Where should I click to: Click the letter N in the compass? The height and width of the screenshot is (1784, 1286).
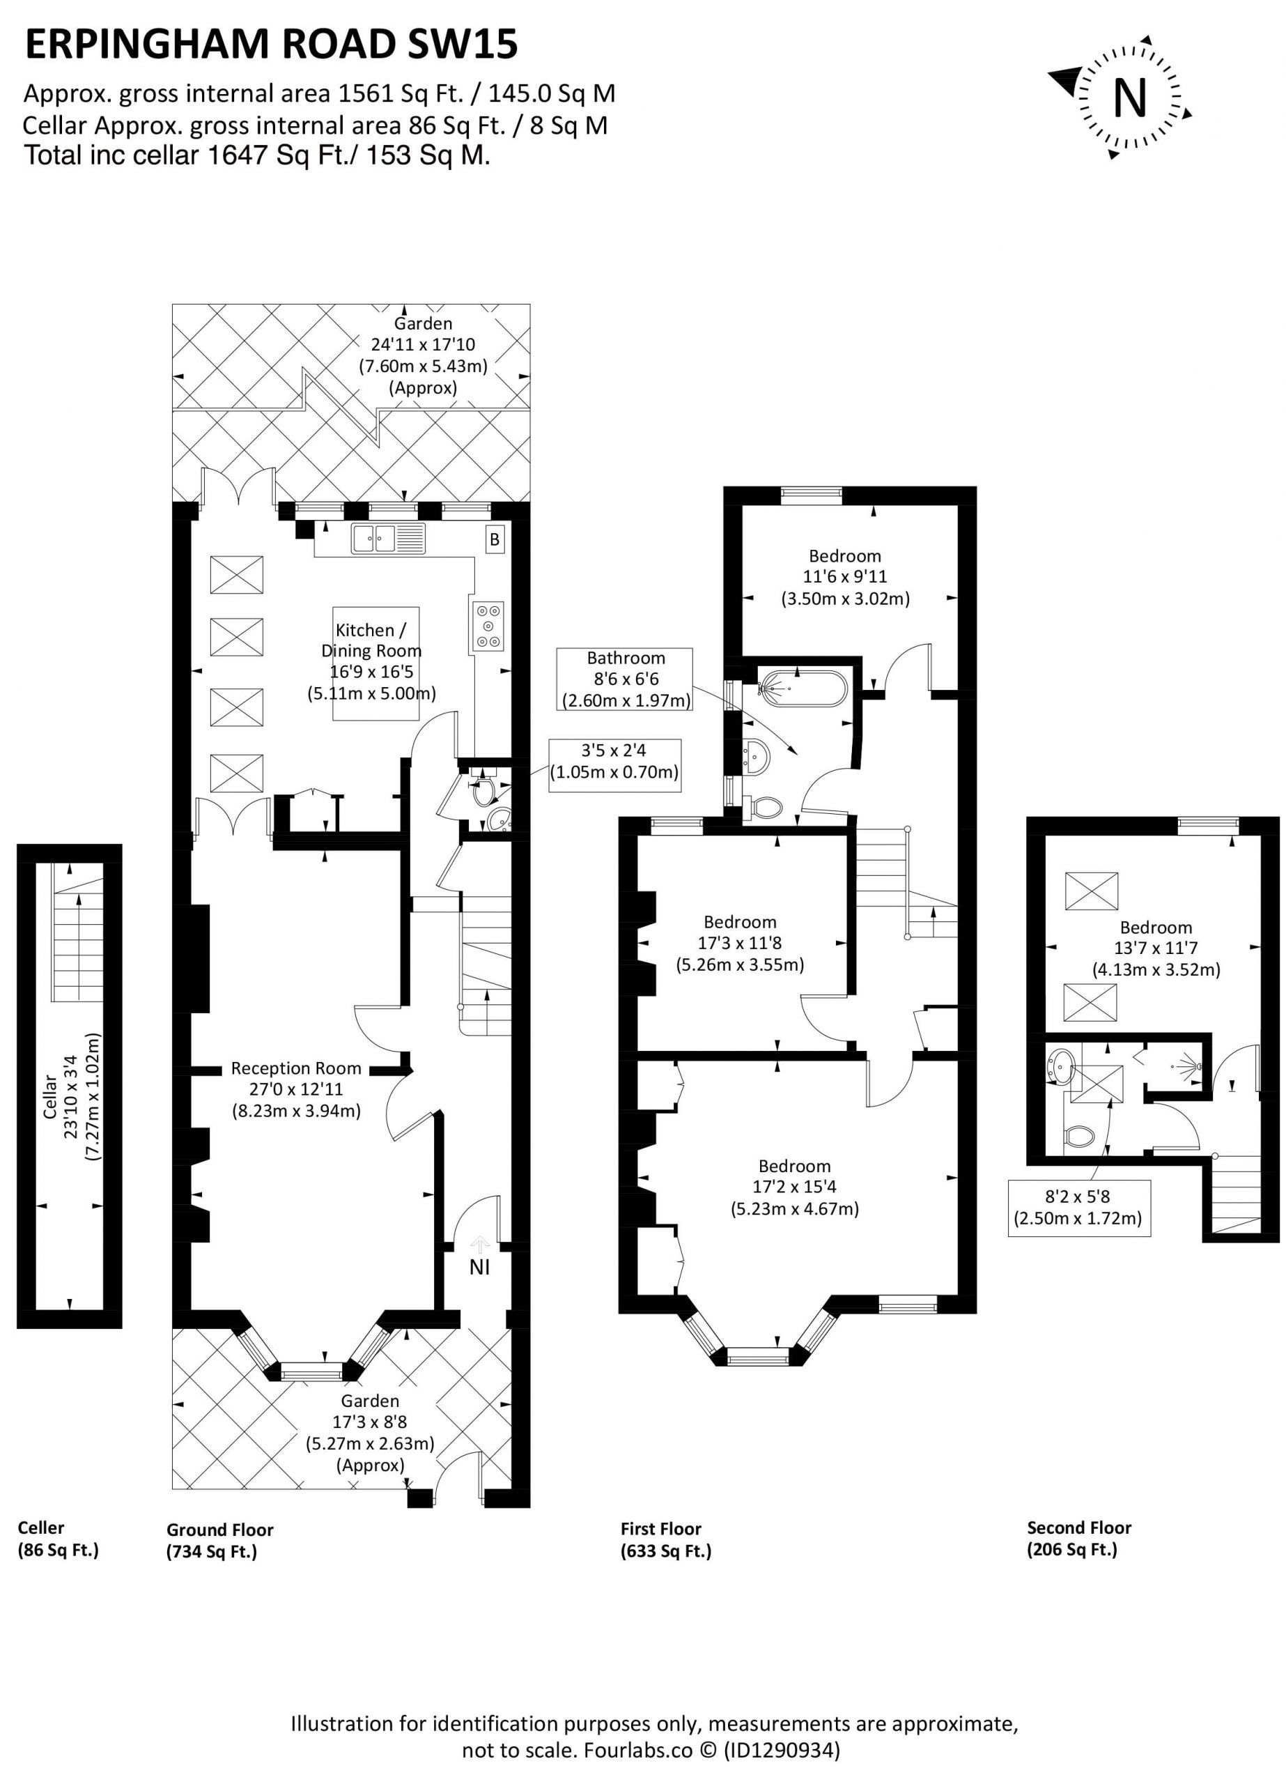coord(1129,98)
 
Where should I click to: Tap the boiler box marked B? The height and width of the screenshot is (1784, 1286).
coord(495,539)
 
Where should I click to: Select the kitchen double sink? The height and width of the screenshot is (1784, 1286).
coord(389,539)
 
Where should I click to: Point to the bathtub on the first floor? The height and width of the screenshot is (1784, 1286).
coord(802,690)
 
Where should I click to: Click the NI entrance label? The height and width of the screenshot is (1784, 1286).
coord(480,1266)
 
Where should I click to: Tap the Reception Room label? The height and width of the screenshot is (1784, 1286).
coord(297,1068)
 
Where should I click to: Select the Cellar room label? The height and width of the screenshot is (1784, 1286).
coord(49,1096)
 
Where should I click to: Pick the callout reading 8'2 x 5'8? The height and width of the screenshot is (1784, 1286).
coord(1078,1208)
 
